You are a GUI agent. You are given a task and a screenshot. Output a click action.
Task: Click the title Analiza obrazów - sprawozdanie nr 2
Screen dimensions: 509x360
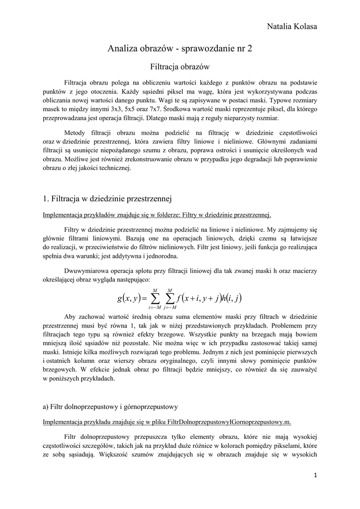pos(180,49)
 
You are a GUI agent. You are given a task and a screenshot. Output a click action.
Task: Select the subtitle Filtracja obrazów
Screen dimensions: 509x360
pos(180,66)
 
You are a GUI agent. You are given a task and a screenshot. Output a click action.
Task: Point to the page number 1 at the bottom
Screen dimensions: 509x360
pos(315,475)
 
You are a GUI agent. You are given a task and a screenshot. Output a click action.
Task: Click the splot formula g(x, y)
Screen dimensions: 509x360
pos(180,298)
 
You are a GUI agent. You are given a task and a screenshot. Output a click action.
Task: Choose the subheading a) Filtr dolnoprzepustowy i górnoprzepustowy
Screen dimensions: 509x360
pos(110,407)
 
